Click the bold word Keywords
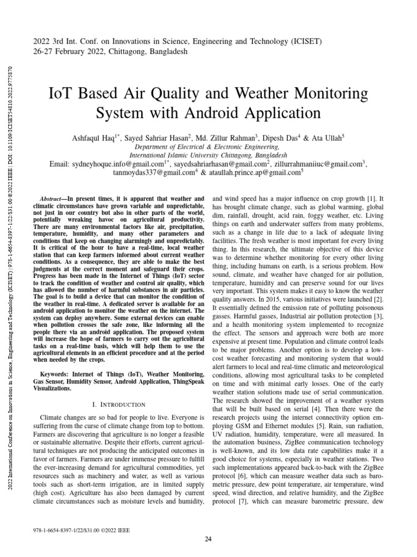56,375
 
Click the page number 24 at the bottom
208,539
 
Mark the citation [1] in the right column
376,199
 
